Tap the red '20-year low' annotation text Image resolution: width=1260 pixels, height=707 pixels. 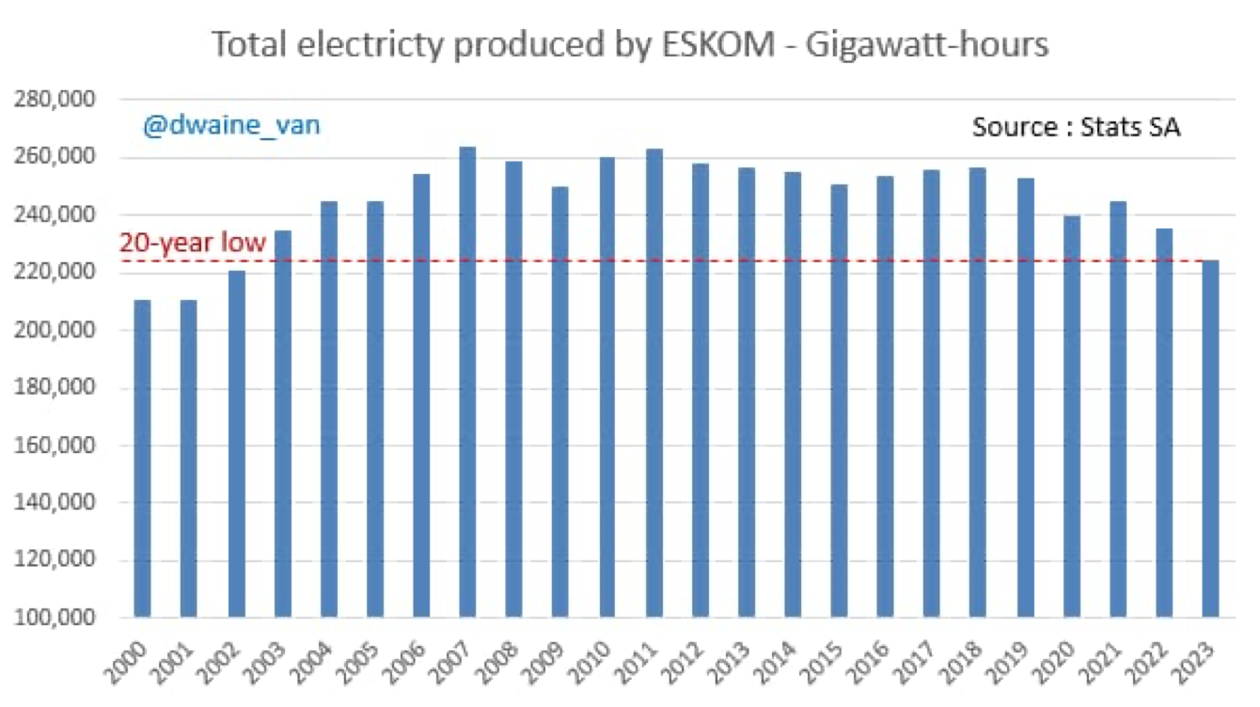click(193, 244)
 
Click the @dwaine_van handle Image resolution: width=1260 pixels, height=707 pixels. click(231, 124)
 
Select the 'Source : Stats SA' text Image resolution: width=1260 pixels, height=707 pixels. click(1076, 127)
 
